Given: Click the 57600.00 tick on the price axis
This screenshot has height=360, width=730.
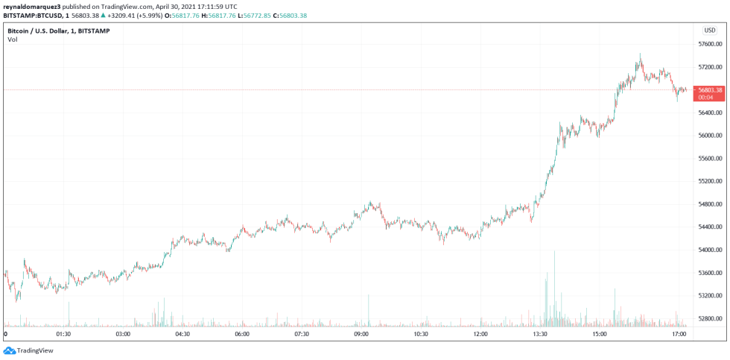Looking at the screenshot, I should coord(708,44).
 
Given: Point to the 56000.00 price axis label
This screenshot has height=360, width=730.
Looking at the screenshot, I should coord(708,136).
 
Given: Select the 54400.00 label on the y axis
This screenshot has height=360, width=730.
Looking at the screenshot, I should coord(708,227).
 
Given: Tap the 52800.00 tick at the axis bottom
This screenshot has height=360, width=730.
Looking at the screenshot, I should coord(708,319).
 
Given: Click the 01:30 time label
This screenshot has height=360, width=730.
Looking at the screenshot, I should coord(63,335).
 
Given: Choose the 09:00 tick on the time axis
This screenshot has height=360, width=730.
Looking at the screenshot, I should coord(361,335).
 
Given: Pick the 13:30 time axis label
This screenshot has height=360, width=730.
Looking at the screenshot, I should coord(540,335).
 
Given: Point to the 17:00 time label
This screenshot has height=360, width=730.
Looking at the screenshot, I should coord(679,335).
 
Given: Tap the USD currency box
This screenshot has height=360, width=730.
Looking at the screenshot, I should coord(709,30).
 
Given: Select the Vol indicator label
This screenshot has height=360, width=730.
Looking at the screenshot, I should coord(13,40).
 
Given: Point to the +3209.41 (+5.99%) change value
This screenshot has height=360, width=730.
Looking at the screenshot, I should coord(138,15).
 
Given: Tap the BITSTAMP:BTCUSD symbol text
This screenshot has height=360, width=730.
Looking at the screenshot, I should coord(34,15).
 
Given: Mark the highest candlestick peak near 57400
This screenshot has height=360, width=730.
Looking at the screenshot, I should coord(640,55).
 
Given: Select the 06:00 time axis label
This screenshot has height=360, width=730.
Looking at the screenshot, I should coord(242,335).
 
